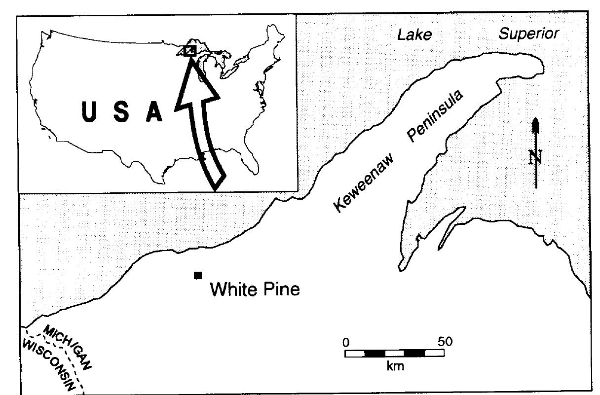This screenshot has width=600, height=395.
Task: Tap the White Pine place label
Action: pos(255,289)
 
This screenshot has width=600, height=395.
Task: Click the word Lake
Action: pos(414,35)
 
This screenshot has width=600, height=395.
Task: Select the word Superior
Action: pos(528,34)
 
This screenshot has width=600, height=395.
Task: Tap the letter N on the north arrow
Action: pos(535,157)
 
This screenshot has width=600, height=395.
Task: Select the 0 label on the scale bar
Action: pos(346,342)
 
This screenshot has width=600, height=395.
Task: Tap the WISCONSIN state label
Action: pos(49,362)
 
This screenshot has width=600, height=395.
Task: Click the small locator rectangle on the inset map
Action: pos(189,50)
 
